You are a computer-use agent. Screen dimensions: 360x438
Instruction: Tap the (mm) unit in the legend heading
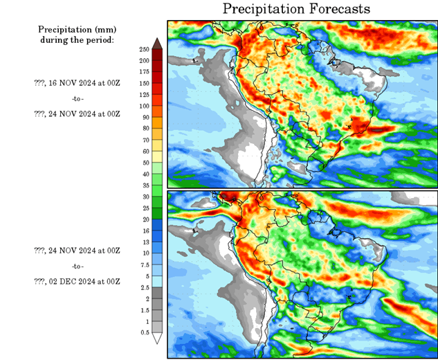(x=106, y=30)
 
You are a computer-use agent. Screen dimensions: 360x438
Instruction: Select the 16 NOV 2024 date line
(x=77, y=82)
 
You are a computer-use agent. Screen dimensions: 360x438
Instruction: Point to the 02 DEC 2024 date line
(x=77, y=281)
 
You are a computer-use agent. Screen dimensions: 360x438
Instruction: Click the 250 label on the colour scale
(x=144, y=50)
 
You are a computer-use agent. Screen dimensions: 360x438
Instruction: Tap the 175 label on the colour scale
(x=144, y=72)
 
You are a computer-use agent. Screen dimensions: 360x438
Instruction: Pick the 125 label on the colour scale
(x=144, y=95)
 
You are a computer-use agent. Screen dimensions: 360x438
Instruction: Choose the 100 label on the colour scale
(x=144, y=106)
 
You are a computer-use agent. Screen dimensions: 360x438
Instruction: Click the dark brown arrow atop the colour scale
(x=157, y=43)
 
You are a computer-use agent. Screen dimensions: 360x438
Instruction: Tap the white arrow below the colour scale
(x=157, y=339)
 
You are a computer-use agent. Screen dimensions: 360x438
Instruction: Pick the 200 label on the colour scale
(x=144, y=61)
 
